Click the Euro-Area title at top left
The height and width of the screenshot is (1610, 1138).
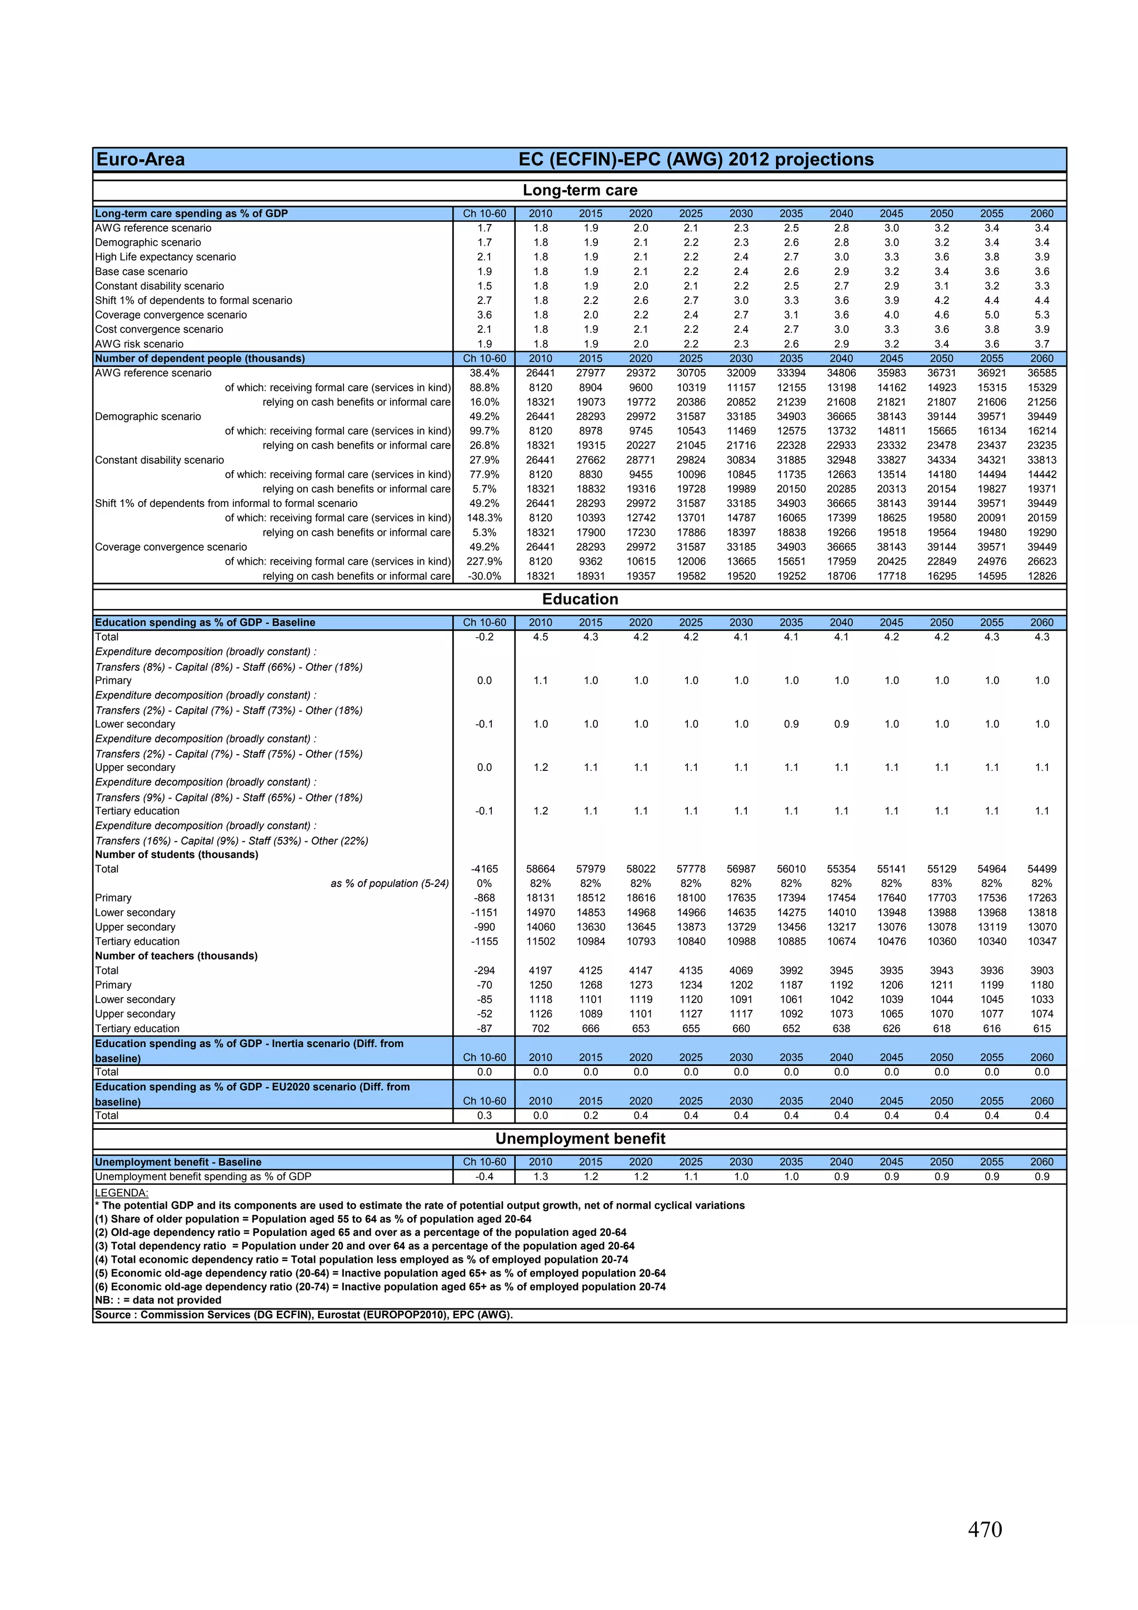[140, 160]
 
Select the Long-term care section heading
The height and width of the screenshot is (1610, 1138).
[580, 190]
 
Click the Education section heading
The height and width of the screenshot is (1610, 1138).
[580, 599]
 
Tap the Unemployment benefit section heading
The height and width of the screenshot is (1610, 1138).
[580, 1138]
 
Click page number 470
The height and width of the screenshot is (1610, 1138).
[985, 1529]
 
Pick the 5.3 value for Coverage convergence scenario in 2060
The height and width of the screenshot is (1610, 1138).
[1041, 315]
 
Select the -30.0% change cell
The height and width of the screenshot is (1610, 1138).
[484, 576]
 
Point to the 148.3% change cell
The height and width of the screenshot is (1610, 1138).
[484, 517]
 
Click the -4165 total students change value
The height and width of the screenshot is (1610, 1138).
[484, 869]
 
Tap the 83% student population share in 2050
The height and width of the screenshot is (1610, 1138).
[941, 884]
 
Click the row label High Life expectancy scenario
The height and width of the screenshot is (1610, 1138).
[166, 257]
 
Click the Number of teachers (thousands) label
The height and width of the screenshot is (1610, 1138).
[176, 956]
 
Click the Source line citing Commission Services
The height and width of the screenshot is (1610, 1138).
[303, 1314]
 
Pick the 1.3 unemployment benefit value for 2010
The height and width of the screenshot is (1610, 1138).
[540, 1177]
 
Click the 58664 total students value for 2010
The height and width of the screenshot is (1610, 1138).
[540, 869]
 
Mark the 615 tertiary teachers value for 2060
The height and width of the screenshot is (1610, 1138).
[1041, 1029]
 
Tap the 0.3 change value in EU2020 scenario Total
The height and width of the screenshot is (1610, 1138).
[484, 1115]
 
